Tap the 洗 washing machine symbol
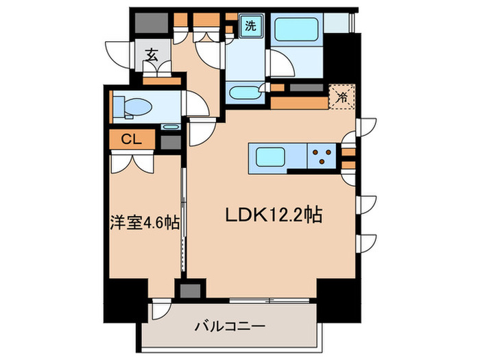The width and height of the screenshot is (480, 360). pyautogui.click(x=251, y=27)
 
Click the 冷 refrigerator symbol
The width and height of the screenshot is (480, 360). pyautogui.click(x=341, y=97)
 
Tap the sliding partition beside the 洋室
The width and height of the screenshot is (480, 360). pyautogui.click(x=183, y=219)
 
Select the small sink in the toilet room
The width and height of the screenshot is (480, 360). pyautogui.click(x=170, y=127)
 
